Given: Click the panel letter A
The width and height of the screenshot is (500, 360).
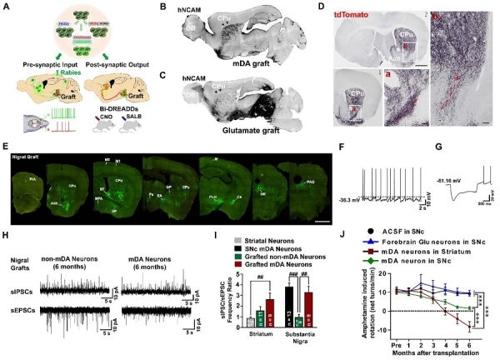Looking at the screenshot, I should coord(7,8).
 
